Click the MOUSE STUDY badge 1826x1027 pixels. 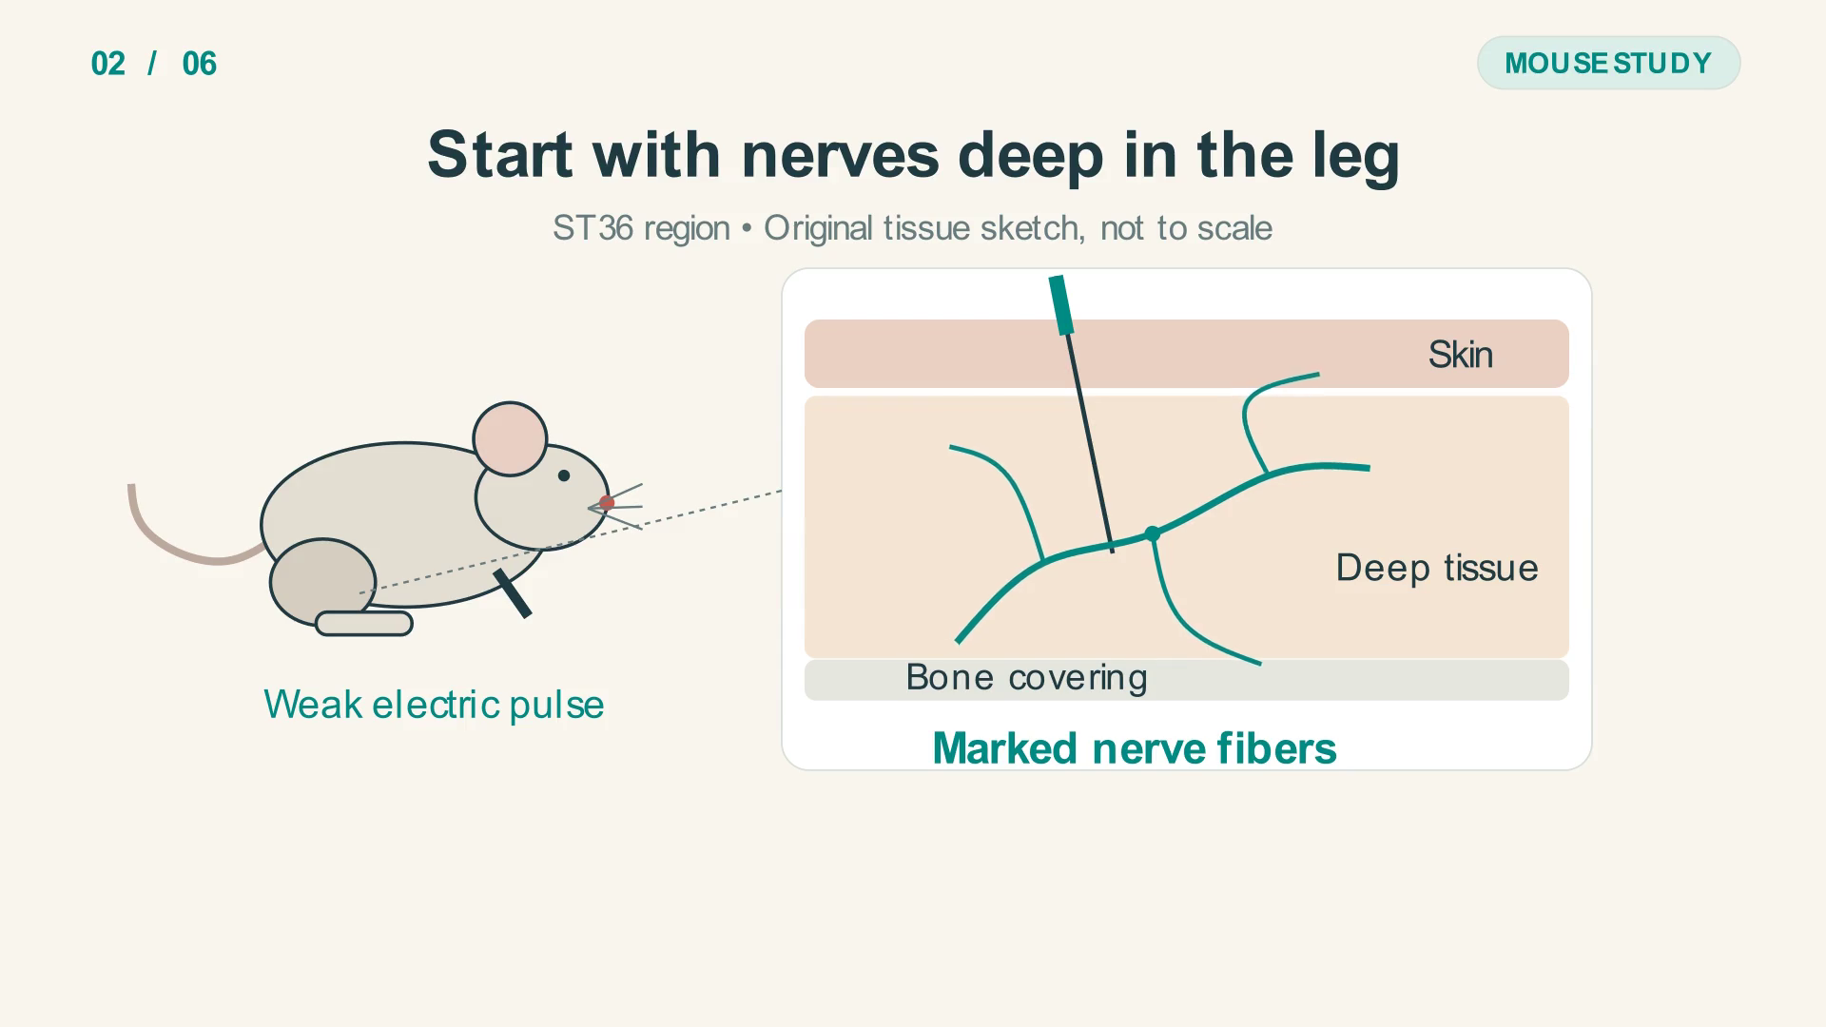pos(1608,63)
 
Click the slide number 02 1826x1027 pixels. pos(108,64)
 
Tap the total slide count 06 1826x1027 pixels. pos(200,64)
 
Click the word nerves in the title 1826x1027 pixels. pos(840,154)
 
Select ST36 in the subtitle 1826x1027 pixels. pos(593,228)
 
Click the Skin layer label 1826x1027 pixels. pos(1460,355)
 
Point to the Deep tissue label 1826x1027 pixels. pos(1437,568)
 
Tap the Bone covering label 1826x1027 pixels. pos(1026,678)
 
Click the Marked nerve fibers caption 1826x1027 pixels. pos(1135,748)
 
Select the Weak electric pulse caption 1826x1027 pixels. pos(434,705)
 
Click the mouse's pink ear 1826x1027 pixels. pos(511,438)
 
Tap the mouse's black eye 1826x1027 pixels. pos(564,475)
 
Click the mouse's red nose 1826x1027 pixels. pos(607,502)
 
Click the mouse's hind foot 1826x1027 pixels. pos(364,624)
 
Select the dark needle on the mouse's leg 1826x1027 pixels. pos(513,593)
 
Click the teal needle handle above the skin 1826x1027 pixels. pos(1061,305)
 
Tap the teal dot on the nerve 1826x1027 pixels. pos(1153,534)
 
